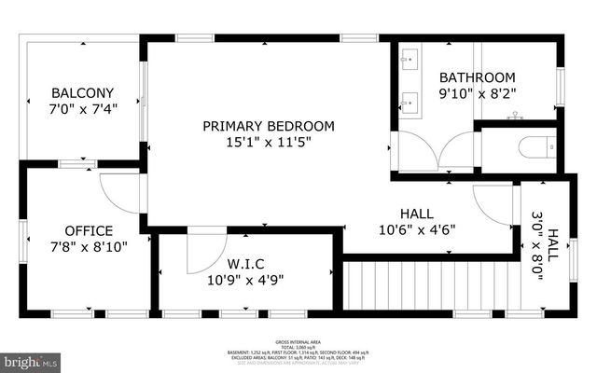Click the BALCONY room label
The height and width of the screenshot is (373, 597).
[x=82, y=92]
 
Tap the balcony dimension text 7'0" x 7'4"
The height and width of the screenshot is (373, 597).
[x=82, y=108]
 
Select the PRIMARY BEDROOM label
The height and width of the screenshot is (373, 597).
[x=269, y=126]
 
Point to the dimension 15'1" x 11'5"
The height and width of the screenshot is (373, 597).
[x=269, y=142]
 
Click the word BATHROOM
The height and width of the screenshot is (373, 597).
[x=478, y=76]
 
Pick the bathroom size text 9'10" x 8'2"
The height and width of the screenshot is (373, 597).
[x=478, y=93]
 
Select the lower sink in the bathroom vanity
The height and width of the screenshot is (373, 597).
[x=409, y=98]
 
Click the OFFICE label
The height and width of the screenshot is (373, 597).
[x=89, y=230]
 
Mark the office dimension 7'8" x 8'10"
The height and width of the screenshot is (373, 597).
[x=89, y=247]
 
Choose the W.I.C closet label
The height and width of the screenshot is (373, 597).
[x=245, y=262]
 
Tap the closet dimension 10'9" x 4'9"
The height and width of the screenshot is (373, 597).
[x=245, y=278]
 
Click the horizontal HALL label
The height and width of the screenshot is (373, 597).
[x=417, y=213]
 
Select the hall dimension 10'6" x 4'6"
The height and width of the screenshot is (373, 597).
[x=417, y=229]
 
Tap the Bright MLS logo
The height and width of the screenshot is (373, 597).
[x=30, y=359]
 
